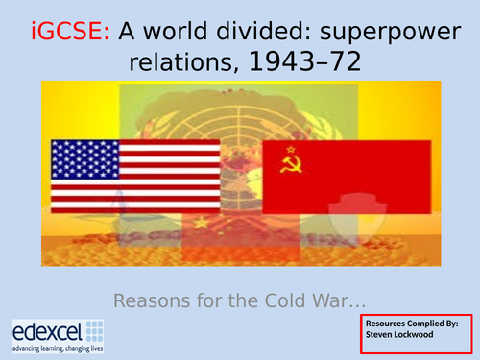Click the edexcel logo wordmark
tap(45, 330)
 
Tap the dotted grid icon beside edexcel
tap(94, 329)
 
